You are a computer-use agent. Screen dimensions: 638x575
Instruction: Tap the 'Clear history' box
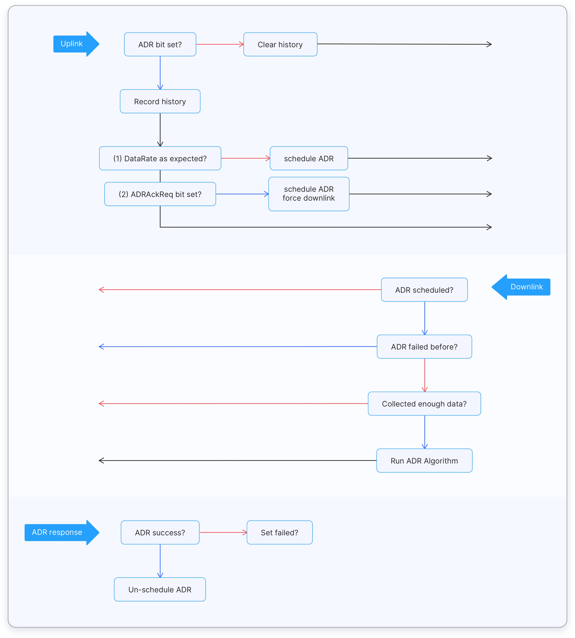280,44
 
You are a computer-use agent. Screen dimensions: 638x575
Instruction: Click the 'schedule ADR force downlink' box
309,194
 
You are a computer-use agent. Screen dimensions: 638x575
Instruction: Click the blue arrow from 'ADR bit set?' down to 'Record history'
160,73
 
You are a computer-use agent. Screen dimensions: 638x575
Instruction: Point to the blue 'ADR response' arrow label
58,532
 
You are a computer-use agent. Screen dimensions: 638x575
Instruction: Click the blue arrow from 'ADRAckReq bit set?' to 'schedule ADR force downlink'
242,194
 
